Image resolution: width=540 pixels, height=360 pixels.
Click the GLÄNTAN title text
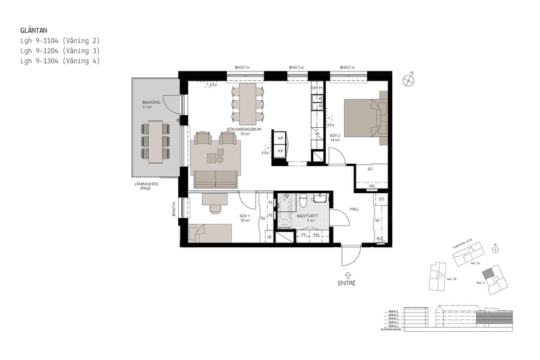35,29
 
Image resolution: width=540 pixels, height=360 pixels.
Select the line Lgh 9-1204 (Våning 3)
59,51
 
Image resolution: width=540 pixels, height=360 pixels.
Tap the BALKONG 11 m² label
150,105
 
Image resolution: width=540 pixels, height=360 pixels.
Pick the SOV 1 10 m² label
244,218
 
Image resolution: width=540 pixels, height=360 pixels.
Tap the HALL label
354,209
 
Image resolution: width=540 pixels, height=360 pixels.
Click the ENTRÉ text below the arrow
346,283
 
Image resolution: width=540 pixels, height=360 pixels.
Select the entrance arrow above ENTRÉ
347,274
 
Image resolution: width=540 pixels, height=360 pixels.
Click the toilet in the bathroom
304,202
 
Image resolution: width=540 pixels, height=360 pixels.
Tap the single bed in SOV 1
210,233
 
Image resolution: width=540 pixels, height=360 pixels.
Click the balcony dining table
155,142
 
